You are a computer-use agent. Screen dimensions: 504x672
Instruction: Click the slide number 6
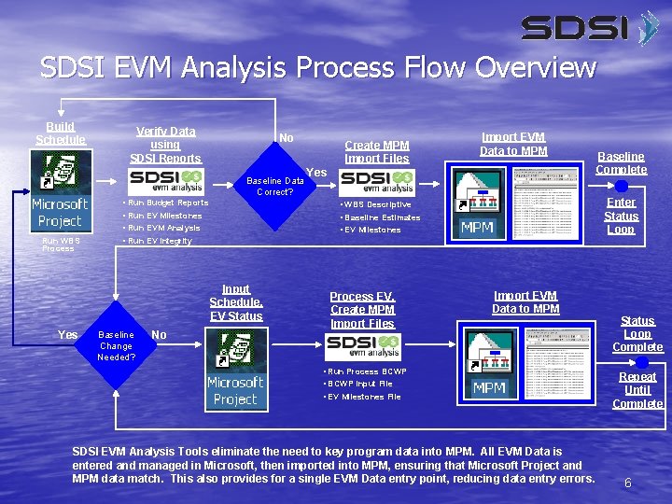point(628,483)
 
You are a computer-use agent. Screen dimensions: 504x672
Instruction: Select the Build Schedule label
point(61,133)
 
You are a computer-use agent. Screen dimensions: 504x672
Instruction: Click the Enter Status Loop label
point(621,216)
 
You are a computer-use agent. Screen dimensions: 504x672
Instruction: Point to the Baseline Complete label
point(621,162)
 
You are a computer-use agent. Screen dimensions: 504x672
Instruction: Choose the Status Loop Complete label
point(637,333)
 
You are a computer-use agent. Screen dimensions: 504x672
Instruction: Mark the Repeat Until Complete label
point(637,390)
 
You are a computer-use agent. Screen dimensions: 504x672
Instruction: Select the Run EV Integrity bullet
point(160,241)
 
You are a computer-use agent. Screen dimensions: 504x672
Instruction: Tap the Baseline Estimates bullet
point(382,217)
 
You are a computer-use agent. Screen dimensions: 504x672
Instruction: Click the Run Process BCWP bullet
point(366,371)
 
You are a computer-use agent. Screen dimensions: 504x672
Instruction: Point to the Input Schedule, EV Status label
point(235,302)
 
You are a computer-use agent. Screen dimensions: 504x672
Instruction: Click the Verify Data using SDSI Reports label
point(165,145)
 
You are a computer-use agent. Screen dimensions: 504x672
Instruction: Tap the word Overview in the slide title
point(535,67)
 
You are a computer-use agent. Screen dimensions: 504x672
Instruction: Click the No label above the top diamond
point(287,138)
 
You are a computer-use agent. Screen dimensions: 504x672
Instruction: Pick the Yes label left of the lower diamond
point(67,334)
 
